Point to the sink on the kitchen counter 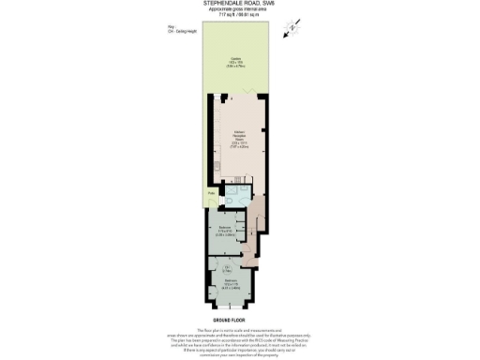(212, 168)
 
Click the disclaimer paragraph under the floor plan (239, 343)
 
